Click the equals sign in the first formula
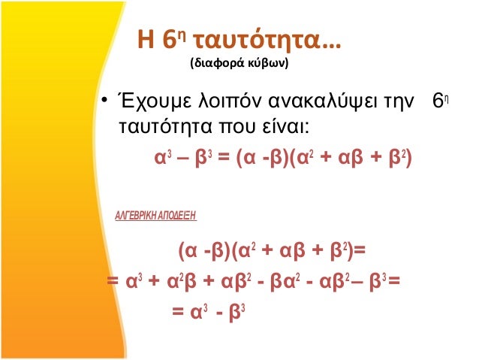coord(222,160)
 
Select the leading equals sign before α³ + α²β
coord(113,283)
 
